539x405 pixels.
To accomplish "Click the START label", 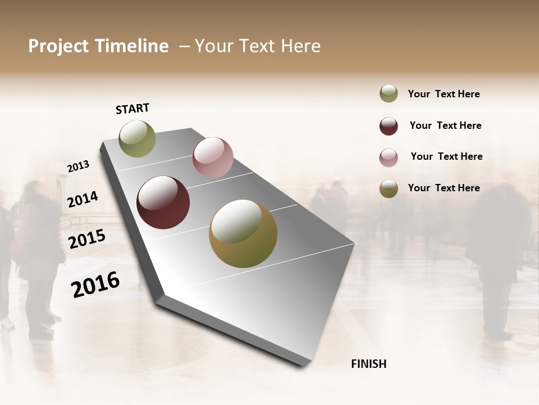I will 133,109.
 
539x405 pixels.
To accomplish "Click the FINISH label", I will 368,364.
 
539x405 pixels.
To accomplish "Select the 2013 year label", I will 78,166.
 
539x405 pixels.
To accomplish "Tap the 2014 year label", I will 83,199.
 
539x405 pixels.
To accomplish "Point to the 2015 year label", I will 86,239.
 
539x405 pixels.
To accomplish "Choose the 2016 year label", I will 95,284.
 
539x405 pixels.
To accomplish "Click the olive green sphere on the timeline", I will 137,139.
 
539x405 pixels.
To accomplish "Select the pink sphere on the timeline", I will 213,157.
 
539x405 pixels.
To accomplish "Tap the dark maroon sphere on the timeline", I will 163,202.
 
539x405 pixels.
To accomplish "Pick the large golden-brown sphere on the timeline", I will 243,233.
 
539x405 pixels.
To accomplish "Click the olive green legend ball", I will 389,94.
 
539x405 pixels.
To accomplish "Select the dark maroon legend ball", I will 389,126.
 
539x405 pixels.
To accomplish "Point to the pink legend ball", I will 389,157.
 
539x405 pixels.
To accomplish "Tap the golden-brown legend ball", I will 389,189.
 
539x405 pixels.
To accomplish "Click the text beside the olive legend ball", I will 444,94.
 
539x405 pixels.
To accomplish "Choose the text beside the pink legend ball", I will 446,156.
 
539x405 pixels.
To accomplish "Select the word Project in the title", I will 59,46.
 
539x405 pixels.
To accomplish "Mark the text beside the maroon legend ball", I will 445,125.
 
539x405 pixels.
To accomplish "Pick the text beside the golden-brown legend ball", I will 444,188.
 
